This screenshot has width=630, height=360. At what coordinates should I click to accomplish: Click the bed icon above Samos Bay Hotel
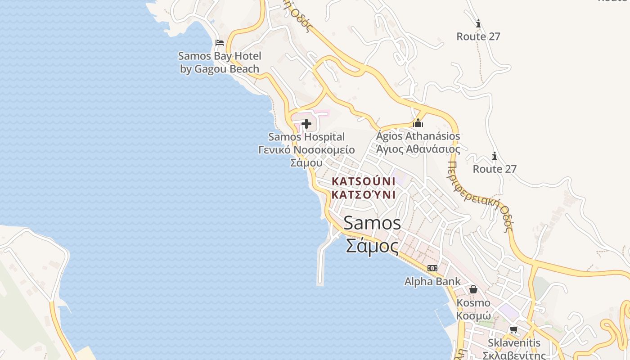(x=220, y=43)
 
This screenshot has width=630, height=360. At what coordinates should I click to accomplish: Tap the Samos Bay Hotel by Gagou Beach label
(x=220, y=63)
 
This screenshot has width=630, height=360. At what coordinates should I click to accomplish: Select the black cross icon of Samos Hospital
(x=306, y=124)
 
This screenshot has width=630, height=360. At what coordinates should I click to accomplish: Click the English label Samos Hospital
(x=306, y=137)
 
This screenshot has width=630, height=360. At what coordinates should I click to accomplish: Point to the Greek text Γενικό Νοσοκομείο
(x=306, y=150)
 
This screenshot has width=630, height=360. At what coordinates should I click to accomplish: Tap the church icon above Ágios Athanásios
(x=418, y=123)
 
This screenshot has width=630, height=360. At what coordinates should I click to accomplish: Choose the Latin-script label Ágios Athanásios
(x=418, y=136)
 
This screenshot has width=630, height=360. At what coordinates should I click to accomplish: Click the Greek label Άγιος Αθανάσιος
(x=418, y=149)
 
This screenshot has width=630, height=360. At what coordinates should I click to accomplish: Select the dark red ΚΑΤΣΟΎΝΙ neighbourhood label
(x=363, y=188)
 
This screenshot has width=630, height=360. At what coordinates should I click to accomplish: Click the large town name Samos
(x=372, y=223)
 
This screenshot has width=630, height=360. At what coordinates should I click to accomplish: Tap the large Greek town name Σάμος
(x=372, y=246)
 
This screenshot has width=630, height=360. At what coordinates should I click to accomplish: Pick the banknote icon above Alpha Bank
(x=432, y=268)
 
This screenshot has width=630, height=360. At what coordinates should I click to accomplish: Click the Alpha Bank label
(x=432, y=282)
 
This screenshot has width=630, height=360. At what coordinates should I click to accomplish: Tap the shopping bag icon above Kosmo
(x=473, y=289)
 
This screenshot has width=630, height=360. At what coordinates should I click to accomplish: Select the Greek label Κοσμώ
(x=473, y=315)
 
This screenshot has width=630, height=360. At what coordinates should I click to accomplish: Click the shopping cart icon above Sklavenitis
(x=513, y=329)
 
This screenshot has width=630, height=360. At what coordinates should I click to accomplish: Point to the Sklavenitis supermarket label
(x=514, y=343)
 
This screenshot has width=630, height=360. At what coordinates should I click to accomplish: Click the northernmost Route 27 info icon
(x=478, y=23)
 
